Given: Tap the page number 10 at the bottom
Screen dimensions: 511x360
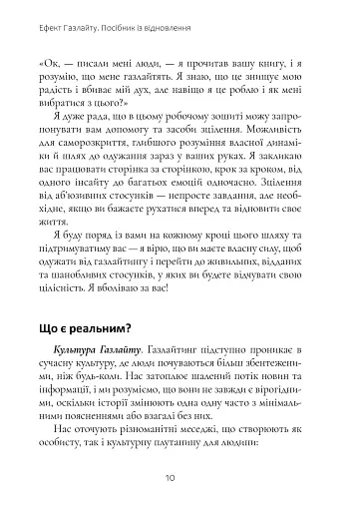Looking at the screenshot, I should point(180,479).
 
